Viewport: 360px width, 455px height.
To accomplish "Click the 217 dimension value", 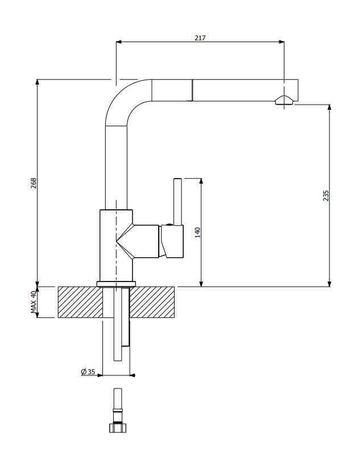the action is pos(200,38).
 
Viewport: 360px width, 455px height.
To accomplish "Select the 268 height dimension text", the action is pos(34,183).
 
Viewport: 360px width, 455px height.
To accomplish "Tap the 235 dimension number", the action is pos(326,196).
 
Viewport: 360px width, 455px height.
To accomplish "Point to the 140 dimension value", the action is pos(197,233).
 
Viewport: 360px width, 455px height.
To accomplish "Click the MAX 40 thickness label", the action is pos(34,302).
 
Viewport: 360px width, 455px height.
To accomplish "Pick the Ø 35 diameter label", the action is pos(88,371).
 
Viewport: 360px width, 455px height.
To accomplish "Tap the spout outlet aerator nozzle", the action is pos(284,100).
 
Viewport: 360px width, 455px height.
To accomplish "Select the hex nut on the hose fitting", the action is pos(118,428).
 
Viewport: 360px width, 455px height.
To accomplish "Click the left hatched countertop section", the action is pos(80,302).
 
